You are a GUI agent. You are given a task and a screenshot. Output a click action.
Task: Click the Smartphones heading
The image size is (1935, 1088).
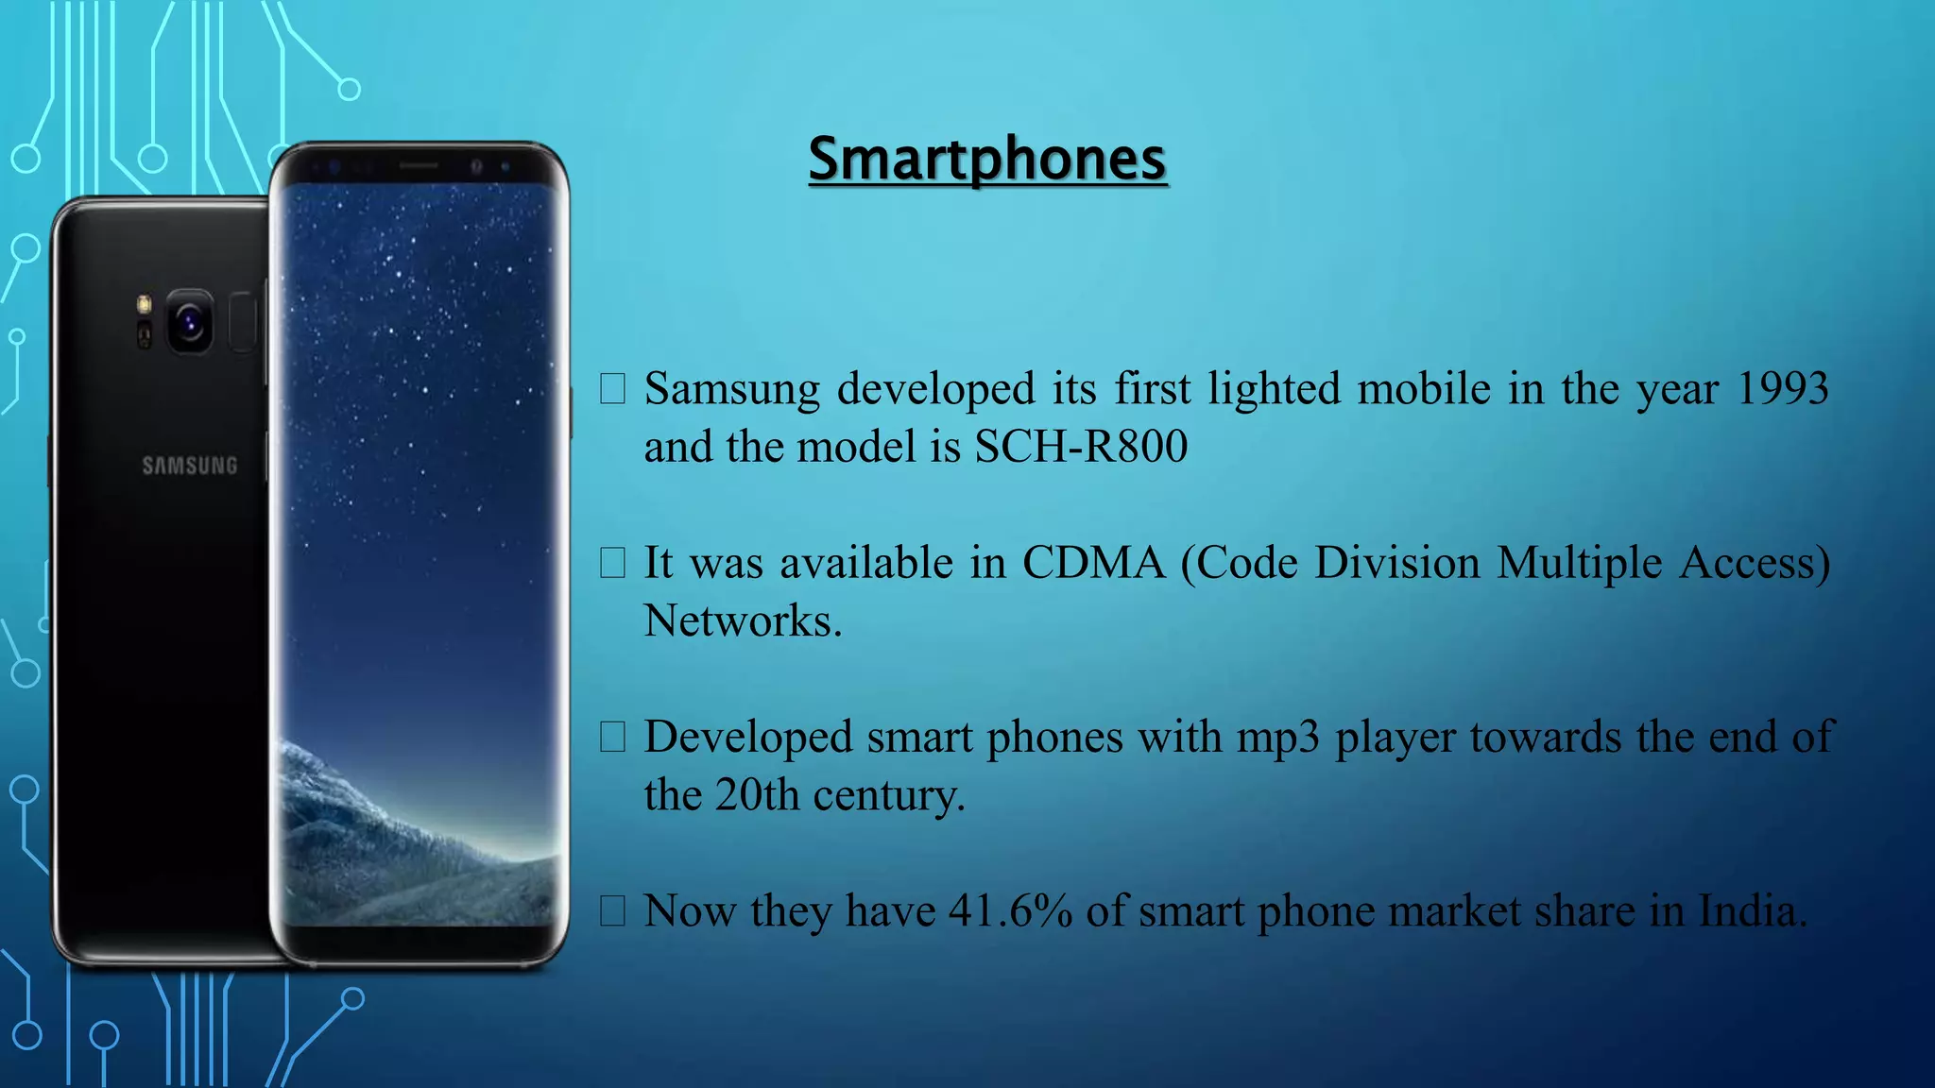987,159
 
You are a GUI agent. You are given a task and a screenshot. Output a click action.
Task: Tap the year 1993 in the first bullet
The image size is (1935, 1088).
1782,389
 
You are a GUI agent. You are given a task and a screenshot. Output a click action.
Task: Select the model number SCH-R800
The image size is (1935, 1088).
1081,447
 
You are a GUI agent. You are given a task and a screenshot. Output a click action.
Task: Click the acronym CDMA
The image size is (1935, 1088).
1094,564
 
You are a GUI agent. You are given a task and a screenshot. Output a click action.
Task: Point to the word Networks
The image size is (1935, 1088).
742,621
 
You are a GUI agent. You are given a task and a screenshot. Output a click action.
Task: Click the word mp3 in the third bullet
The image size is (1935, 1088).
1277,738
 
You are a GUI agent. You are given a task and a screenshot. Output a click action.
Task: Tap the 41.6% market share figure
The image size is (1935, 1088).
1010,911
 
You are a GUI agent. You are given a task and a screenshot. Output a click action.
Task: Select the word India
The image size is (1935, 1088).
1752,911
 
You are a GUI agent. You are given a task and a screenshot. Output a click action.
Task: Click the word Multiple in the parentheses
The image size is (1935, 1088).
1579,564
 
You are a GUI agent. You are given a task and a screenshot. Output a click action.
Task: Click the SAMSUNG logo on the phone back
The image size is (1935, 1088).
190,466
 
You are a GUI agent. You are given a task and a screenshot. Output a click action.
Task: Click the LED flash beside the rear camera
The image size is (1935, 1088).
145,304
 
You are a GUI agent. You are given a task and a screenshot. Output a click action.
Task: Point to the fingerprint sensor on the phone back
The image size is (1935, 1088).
243,323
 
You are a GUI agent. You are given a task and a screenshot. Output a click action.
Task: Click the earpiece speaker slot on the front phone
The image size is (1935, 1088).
419,166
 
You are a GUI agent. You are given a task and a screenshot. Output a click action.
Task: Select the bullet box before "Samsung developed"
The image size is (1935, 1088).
612,389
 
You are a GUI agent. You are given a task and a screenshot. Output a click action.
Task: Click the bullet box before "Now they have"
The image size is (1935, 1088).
612,911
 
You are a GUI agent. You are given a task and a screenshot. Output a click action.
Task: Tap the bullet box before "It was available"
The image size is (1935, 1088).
612,564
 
